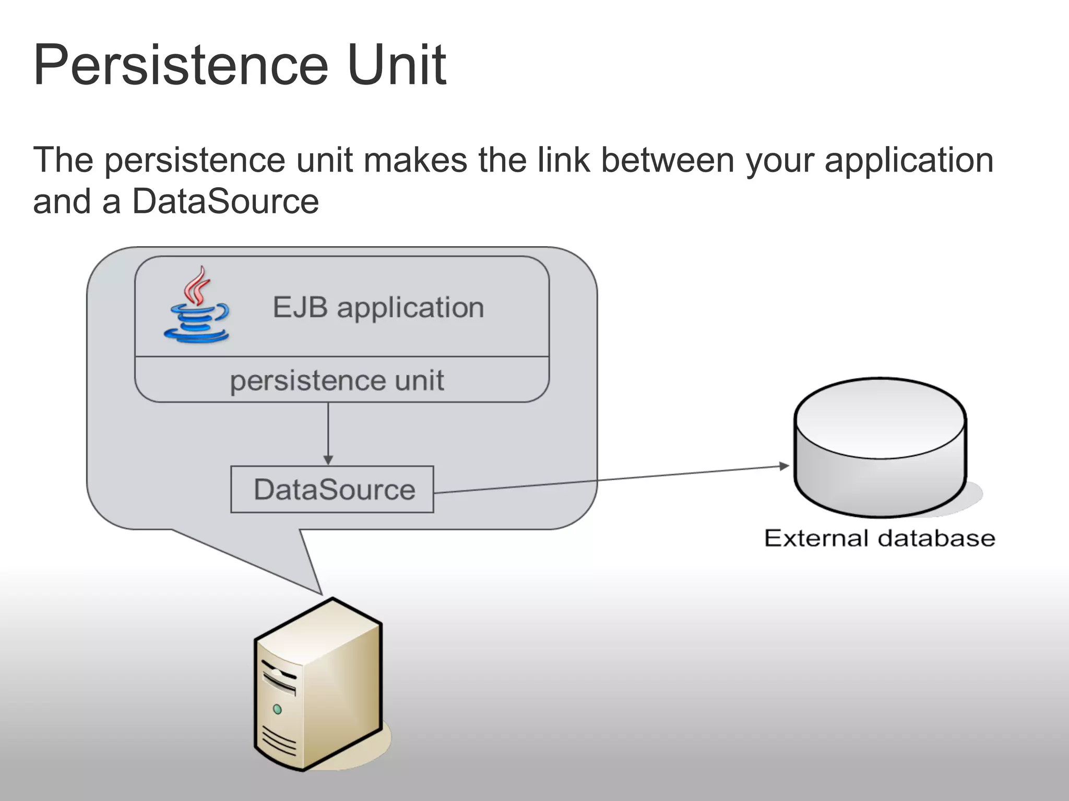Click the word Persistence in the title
(x=180, y=66)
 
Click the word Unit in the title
(x=397, y=66)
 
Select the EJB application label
(x=378, y=307)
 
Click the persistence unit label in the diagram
(x=337, y=380)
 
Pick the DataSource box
(x=332, y=489)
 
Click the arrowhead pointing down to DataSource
(x=328, y=460)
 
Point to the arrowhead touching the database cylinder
(x=784, y=466)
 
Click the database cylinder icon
(x=880, y=448)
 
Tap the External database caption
(x=880, y=538)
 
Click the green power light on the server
(x=278, y=709)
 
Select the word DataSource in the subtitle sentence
(x=225, y=201)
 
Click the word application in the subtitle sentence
(x=909, y=160)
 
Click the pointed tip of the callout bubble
(x=320, y=593)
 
